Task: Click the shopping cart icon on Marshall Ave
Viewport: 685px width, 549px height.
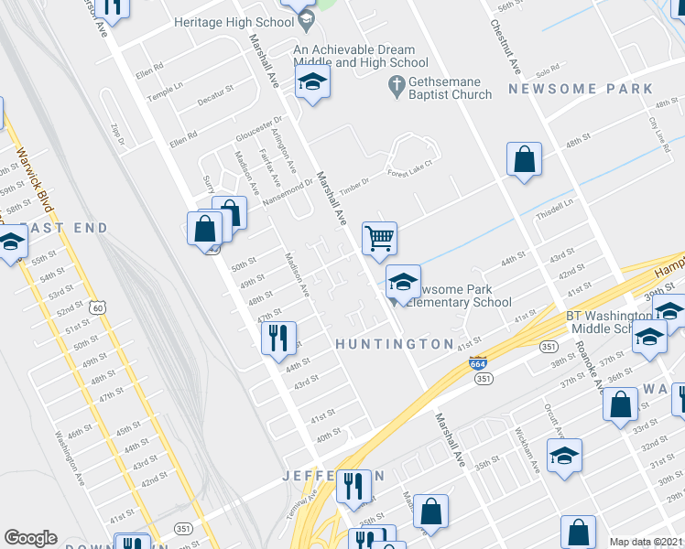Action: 379,239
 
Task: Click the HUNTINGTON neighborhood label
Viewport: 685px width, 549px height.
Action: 394,344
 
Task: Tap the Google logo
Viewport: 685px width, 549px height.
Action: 30,538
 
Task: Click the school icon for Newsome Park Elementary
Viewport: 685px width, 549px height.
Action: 403,282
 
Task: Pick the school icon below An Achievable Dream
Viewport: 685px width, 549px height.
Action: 312,84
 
